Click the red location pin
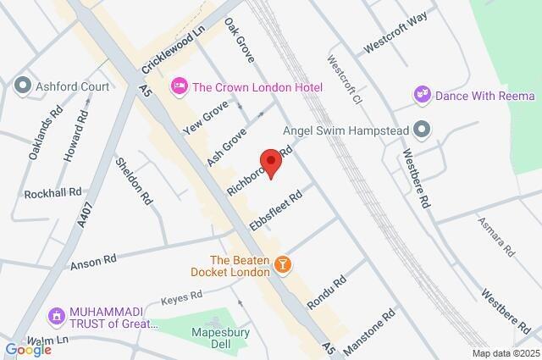pyautogui.click(x=270, y=163)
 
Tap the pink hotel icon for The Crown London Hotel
pyautogui.click(x=179, y=85)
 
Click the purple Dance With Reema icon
pyautogui.click(x=422, y=96)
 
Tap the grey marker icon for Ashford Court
pyautogui.click(x=22, y=85)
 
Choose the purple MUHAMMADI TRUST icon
pyautogui.click(x=57, y=317)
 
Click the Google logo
pyautogui.click(x=28, y=350)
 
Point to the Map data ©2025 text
pyautogui.click(x=505, y=353)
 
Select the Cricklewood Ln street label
pyautogui.click(x=173, y=51)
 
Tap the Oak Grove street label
pyautogui.click(x=241, y=38)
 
